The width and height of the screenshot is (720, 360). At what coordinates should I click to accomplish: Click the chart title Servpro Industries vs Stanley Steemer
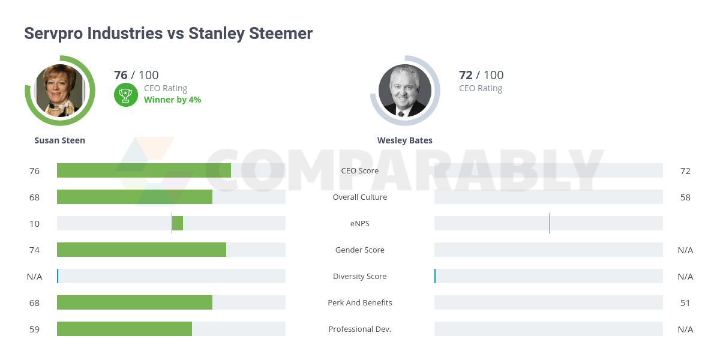tap(168, 34)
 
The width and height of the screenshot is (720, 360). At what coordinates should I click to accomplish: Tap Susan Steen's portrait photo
tap(59, 90)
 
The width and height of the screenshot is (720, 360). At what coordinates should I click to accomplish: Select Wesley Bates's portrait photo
tap(404, 90)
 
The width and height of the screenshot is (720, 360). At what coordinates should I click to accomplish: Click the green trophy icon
tap(125, 94)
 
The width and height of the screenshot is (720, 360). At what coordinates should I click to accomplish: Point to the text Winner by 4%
tap(172, 100)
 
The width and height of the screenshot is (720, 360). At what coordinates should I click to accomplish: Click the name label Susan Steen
tap(60, 140)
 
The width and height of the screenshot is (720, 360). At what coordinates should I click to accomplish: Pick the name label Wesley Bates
tap(404, 140)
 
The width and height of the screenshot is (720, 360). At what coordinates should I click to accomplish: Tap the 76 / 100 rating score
tap(136, 75)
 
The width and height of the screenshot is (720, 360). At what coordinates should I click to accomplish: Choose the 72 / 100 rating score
tap(481, 75)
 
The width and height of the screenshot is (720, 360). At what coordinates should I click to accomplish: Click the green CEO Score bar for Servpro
tap(144, 170)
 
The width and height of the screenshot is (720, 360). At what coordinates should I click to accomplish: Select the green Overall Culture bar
tap(134, 197)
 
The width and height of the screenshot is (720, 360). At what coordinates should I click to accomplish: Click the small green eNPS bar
tap(178, 223)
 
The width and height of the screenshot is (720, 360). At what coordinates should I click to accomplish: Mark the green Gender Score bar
tap(142, 250)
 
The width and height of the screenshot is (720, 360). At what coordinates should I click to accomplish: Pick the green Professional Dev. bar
tap(124, 329)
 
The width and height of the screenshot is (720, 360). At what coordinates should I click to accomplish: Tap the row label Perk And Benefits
tap(360, 302)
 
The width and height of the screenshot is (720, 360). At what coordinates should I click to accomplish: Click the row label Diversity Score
tap(360, 276)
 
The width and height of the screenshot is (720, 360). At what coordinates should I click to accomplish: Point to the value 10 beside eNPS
tap(34, 223)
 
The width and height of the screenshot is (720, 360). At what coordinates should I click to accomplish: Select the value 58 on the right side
tap(685, 197)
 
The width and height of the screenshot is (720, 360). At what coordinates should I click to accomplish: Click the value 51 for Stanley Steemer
tap(685, 302)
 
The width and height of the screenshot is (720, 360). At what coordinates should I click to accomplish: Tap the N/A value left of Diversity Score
tap(34, 276)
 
